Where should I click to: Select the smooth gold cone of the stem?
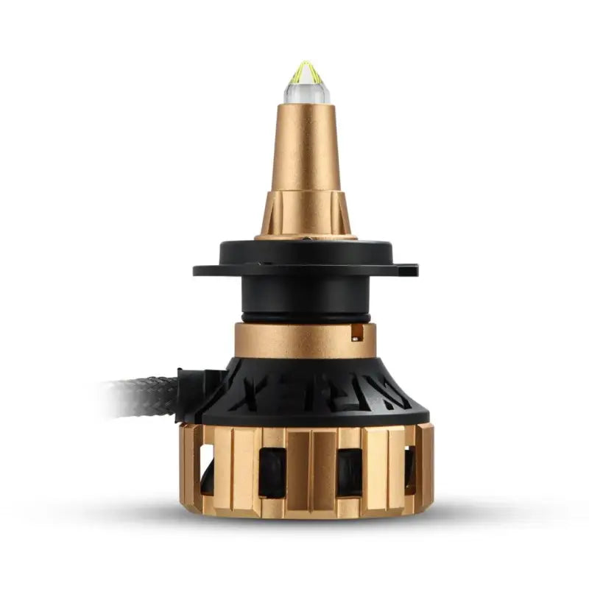click(x=306, y=147)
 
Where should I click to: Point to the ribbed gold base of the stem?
click(x=306, y=214)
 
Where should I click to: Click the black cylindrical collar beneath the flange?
click(x=306, y=294)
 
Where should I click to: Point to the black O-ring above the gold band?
click(x=306, y=319)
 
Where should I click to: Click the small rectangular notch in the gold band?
click(x=357, y=334)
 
